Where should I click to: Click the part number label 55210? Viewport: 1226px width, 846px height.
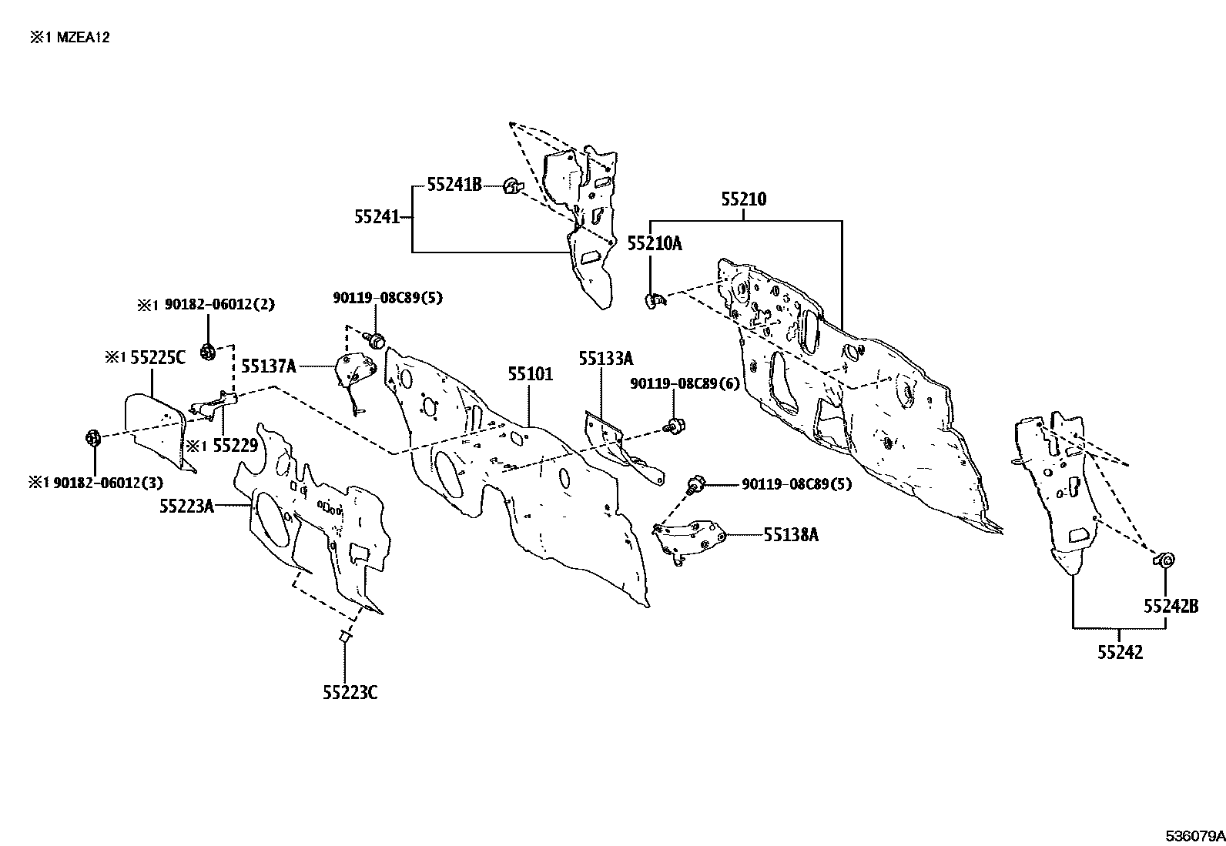744,199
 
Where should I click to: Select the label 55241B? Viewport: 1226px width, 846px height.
454,185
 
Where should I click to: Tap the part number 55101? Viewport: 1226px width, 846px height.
531,374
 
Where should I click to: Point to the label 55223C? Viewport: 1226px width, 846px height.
350,693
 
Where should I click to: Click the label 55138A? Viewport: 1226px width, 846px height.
791,535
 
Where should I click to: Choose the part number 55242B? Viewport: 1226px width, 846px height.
1171,606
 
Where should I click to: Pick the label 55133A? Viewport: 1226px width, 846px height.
606,359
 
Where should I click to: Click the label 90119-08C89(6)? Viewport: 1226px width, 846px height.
685,384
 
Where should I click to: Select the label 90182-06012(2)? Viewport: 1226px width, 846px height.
219,304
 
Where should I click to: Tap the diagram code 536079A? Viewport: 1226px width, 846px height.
1195,836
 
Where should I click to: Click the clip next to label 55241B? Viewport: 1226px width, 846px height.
513,187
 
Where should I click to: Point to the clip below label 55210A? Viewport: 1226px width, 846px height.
654,301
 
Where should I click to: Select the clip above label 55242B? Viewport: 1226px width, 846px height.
1164,560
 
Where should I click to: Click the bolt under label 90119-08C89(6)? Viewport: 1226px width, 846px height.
675,425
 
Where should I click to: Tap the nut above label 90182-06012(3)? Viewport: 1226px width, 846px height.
94,438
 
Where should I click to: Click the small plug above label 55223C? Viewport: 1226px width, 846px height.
345,637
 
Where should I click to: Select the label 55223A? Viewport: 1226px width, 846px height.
186,507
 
